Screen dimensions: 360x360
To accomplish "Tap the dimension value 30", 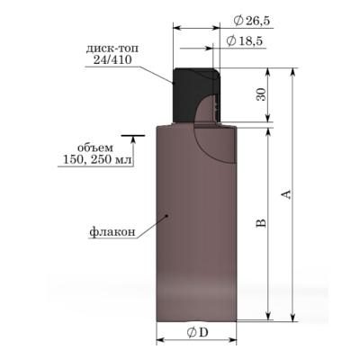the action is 261,94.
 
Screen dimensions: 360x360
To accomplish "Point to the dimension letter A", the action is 287,194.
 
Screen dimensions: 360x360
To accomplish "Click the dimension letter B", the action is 261,223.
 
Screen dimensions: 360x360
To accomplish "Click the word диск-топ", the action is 112,49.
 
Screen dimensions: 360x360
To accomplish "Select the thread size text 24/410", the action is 112,60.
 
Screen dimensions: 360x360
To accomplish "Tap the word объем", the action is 95,148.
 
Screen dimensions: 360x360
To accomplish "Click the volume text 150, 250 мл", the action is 97,159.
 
